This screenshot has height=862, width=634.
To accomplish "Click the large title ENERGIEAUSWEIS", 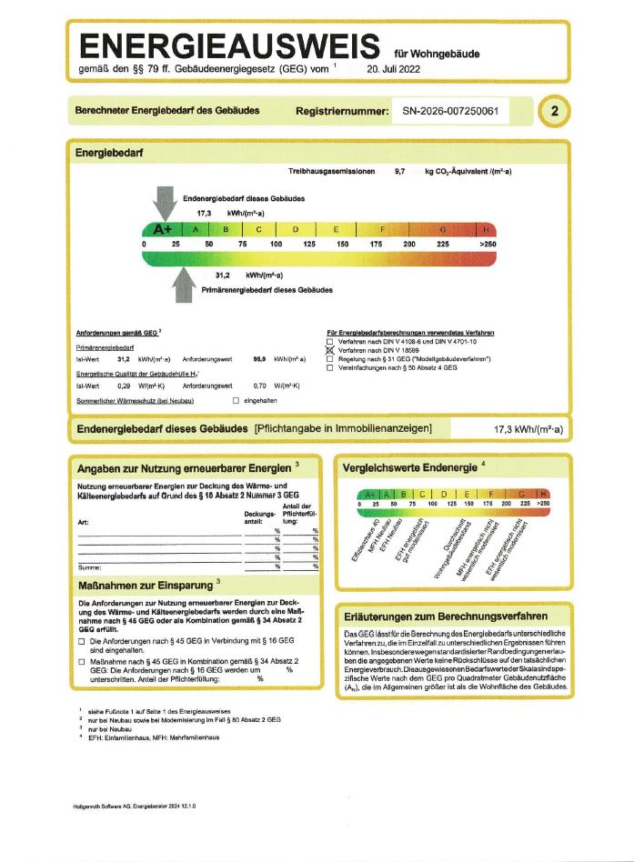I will click(230, 46).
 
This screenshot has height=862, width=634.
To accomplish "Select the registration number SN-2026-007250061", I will click(450, 111).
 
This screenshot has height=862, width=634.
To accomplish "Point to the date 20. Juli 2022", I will click(395, 68).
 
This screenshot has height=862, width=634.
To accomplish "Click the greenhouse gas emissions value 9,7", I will click(399, 171).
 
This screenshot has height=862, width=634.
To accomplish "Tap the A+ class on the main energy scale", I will click(164, 229).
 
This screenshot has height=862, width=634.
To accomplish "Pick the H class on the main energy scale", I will click(488, 229).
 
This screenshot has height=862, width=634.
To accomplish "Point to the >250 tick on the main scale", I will click(488, 245).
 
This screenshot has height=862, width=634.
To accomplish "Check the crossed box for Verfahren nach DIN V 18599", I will click(330, 350).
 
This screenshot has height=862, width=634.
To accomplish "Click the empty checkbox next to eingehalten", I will click(236, 400).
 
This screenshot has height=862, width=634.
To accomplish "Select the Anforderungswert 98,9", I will click(259, 360).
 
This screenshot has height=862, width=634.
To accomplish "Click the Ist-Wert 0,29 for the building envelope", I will click(115, 386).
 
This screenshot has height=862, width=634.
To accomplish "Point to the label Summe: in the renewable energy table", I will click(88, 566).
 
